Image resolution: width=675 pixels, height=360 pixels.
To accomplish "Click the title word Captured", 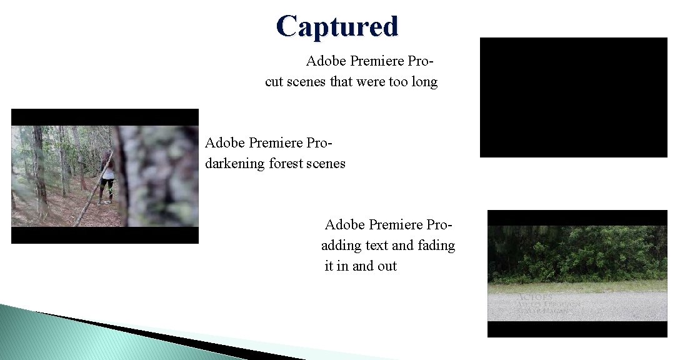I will (337, 26).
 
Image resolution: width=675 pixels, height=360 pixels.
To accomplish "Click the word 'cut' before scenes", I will (274, 82).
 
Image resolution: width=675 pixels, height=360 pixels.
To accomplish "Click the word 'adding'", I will (341, 246).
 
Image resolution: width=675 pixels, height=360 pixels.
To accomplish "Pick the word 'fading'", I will (436, 246).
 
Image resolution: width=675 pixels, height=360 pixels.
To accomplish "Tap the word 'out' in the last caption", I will (387, 266).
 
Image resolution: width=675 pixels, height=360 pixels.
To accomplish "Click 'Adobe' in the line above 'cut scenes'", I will (326, 61).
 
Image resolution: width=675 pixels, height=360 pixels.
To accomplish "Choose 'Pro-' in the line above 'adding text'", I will (439, 224).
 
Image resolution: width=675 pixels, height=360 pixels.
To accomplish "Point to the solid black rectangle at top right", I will (573, 97).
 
